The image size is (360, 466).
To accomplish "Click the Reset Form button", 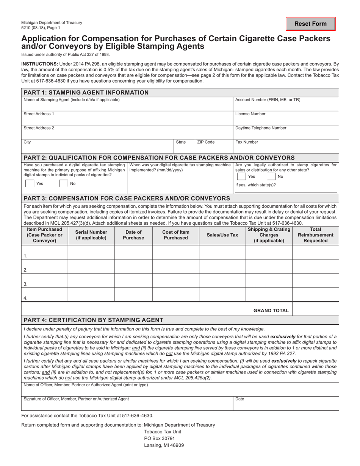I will pos(310,24).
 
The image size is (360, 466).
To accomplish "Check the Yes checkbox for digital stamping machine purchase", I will pos(30,183).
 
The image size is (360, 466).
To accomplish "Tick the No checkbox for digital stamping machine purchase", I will pos(63,183).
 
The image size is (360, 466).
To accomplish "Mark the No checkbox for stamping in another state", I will pos(271,177).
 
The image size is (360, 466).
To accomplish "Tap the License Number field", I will pos(286,120).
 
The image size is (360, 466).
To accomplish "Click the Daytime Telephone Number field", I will pos(286,134).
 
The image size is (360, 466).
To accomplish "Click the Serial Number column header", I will pos(91,235).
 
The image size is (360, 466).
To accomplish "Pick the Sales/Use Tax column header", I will pos(222,235).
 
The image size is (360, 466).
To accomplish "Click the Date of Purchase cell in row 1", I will pos(133,252).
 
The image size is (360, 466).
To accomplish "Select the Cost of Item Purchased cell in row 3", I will pos(175,280).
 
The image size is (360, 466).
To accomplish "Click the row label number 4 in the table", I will pos(25,298).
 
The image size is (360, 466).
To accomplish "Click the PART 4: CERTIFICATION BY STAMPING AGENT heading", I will pos(94,320).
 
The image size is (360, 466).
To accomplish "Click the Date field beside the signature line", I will pos(286,405).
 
